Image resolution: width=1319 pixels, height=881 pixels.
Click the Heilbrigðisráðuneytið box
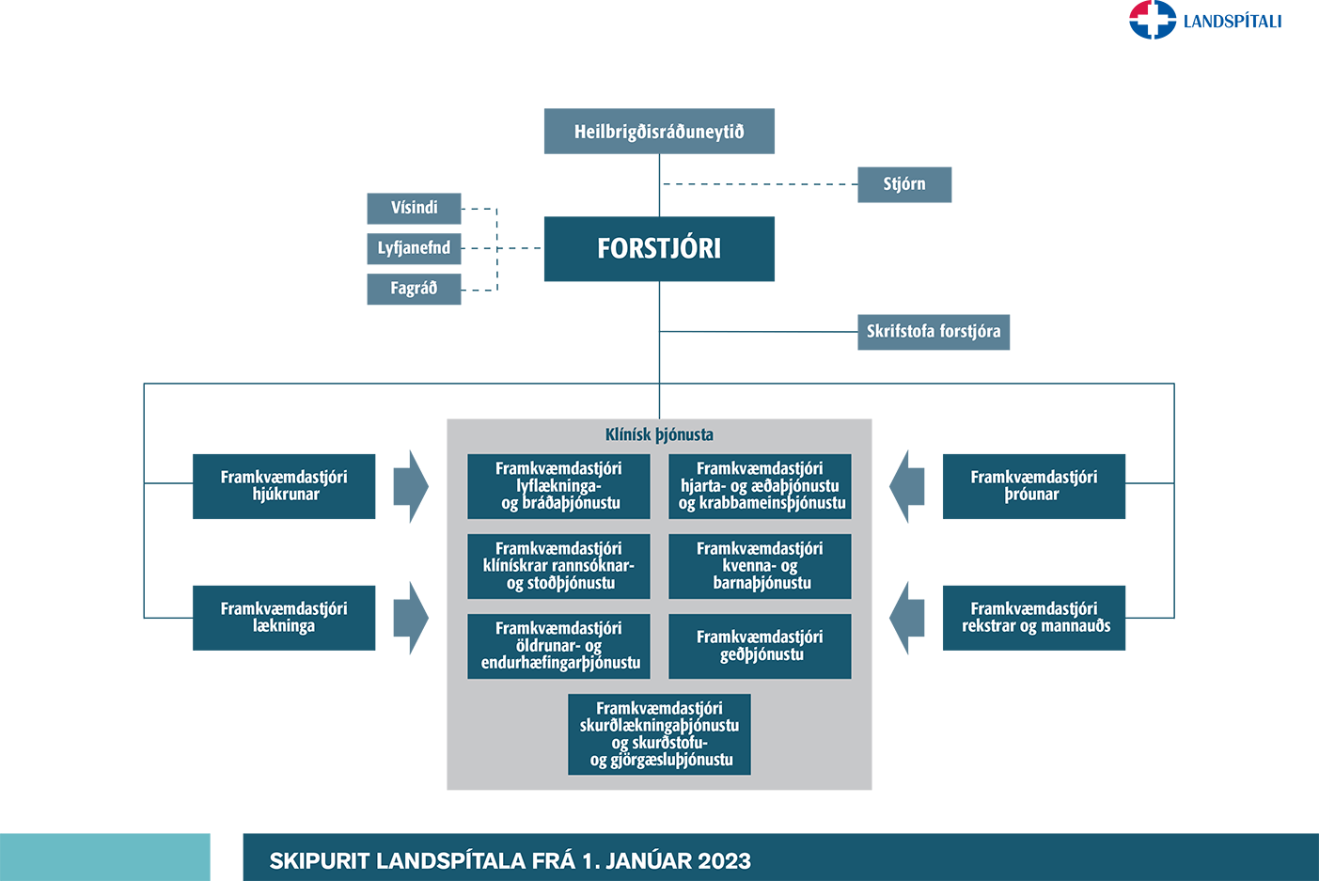point(659,131)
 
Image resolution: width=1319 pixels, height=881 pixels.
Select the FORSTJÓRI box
point(659,248)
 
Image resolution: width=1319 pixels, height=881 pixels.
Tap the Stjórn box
point(903,184)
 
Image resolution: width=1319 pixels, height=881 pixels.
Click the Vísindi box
point(414,209)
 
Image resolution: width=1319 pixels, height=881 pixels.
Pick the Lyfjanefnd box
point(414,248)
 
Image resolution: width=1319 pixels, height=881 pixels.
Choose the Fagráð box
point(414,289)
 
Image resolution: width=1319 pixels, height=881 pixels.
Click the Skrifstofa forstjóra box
point(934,332)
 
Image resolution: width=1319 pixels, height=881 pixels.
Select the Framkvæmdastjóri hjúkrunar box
point(284,486)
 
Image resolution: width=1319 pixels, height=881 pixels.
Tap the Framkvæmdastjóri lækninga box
point(284,618)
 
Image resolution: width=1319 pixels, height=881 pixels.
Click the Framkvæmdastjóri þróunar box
point(1033,486)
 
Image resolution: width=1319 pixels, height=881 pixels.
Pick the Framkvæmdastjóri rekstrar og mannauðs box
point(1033,618)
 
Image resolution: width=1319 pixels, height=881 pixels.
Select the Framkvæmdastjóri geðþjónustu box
point(760,646)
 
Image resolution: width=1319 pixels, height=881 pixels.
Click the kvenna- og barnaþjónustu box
point(760,566)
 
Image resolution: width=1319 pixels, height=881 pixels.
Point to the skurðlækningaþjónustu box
point(659,733)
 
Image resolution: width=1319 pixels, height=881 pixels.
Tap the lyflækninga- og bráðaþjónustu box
point(558,486)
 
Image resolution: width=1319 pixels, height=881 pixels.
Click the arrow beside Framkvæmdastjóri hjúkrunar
point(411,486)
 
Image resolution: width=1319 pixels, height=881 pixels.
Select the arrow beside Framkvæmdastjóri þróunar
point(907,486)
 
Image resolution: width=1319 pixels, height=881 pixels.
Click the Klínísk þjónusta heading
point(659,434)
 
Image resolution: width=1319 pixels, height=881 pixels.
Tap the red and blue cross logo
point(1153,20)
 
